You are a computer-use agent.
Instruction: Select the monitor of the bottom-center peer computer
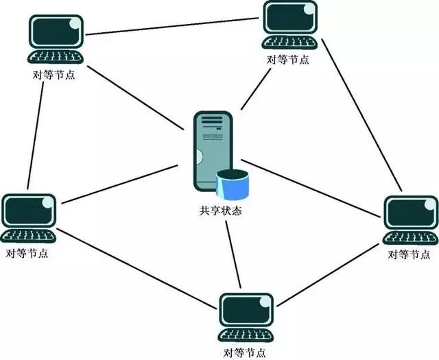246,311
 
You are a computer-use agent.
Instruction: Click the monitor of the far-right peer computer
410,213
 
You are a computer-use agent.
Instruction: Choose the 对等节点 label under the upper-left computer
54,74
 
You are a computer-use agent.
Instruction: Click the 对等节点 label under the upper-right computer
288,60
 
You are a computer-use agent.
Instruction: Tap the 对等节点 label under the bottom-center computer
246,352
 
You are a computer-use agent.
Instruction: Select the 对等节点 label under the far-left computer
27,253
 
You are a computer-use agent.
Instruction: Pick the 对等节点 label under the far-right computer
410,254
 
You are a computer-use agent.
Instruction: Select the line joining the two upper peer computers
175,26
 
